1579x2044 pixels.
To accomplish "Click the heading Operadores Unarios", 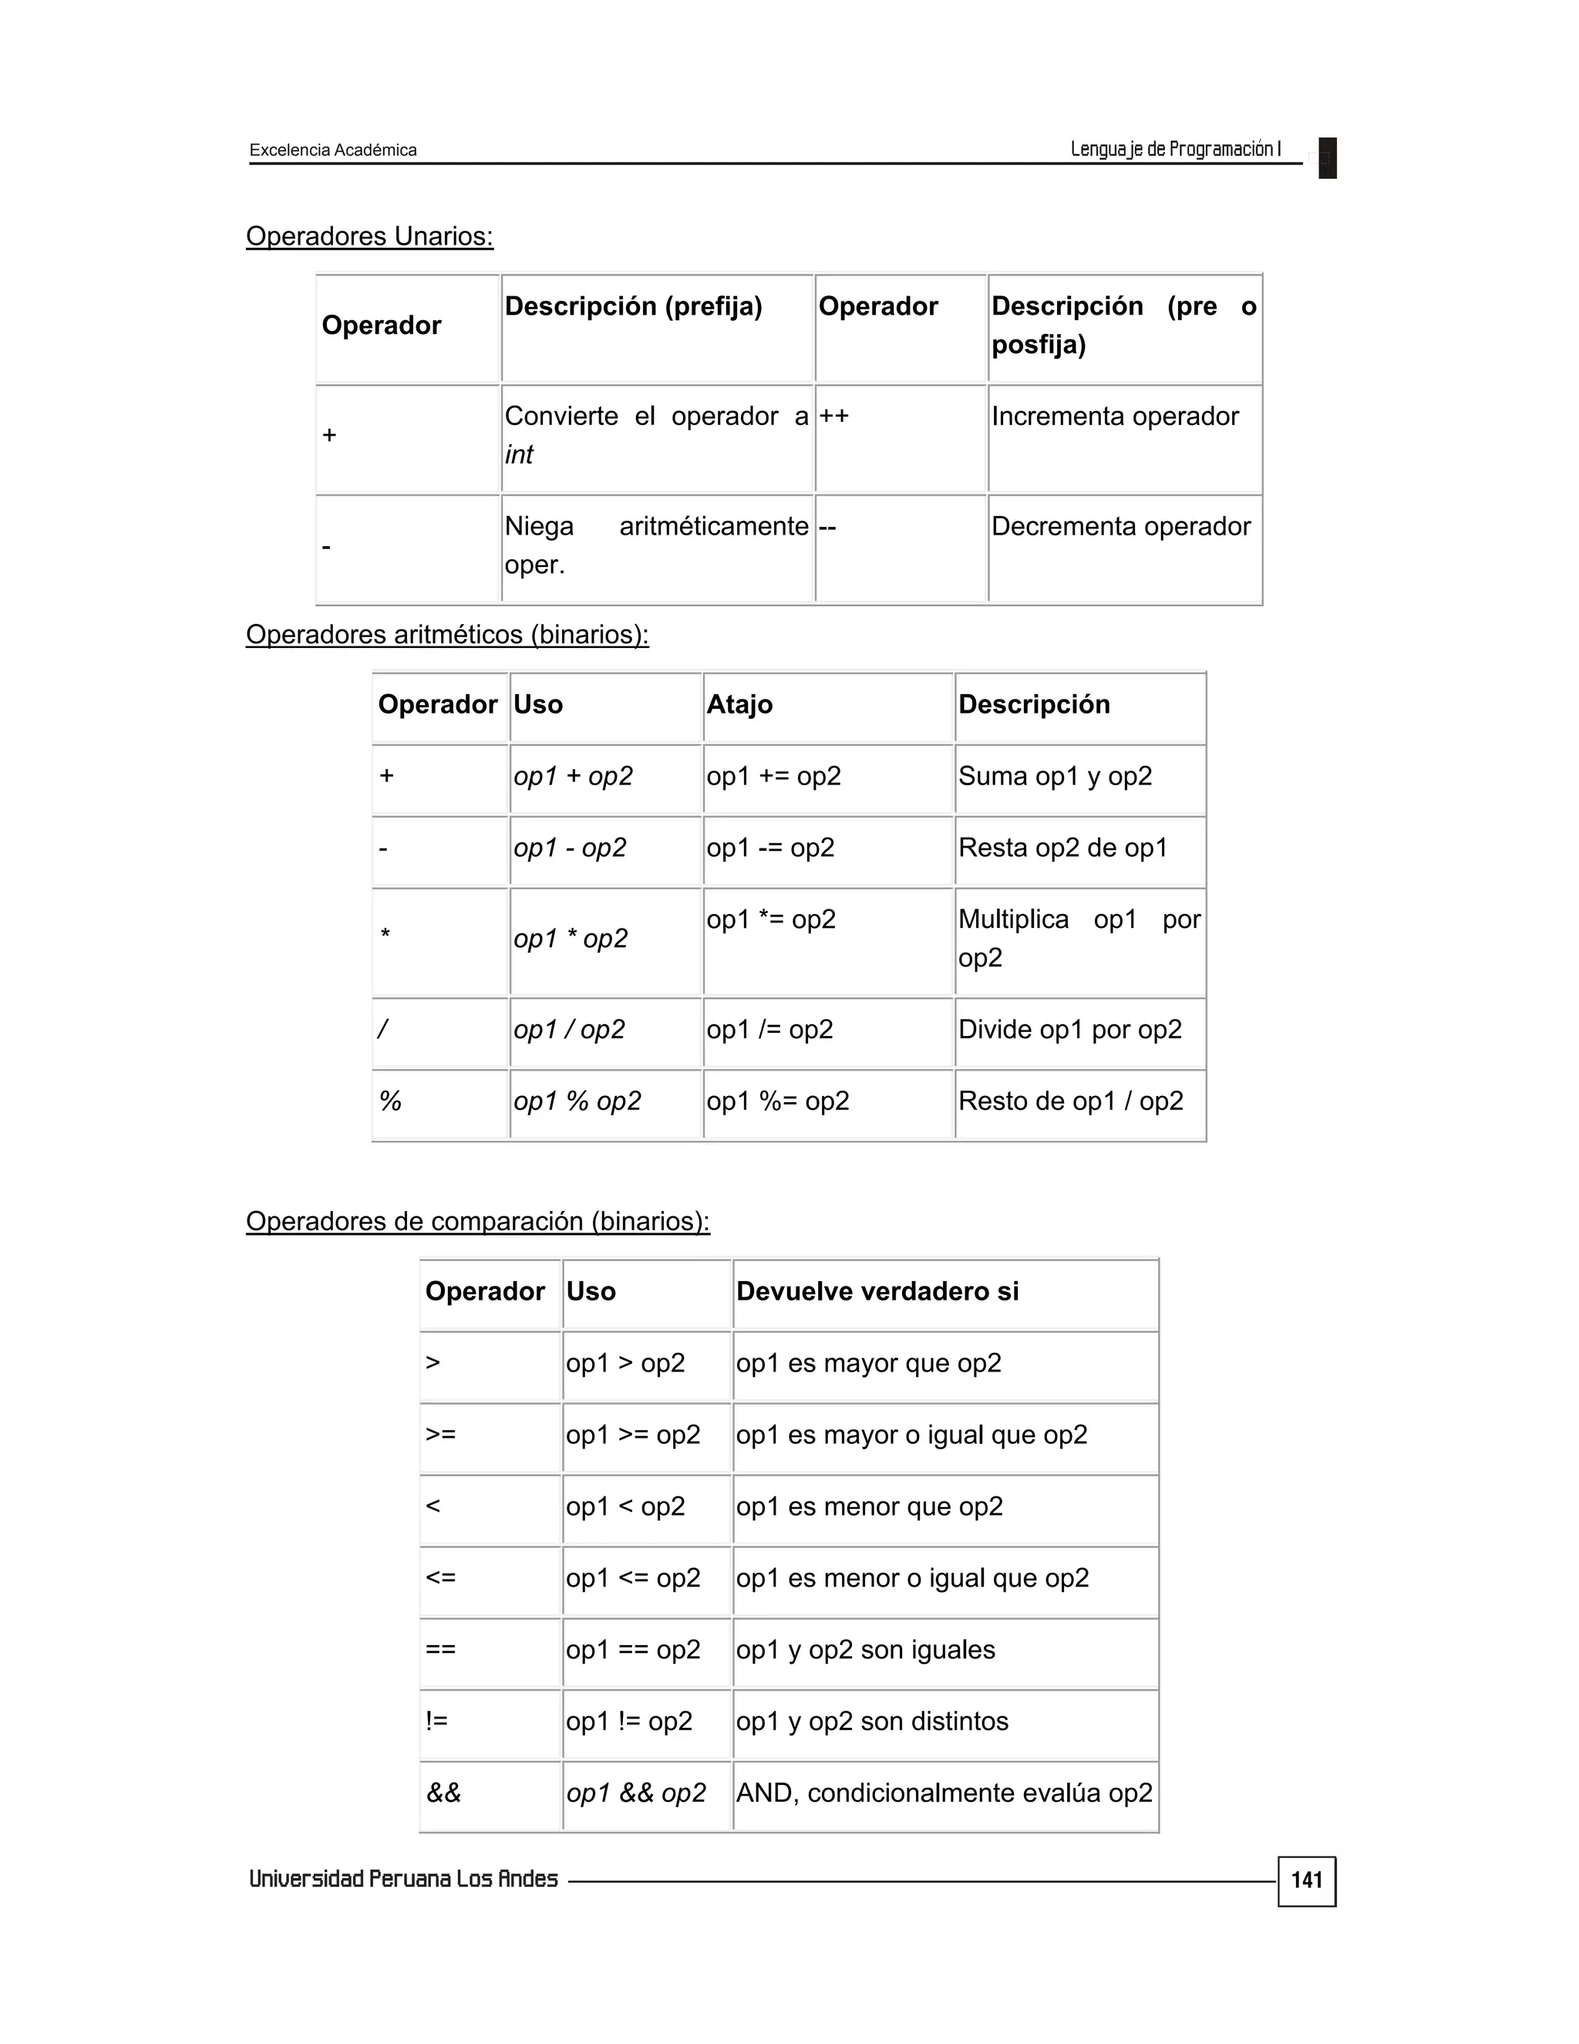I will pyautogui.click(x=369, y=236).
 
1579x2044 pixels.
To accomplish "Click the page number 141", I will pyautogui.click(x=1306, y=1880).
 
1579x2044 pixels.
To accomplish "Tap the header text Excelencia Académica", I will pyautogui.click(x=333, y=150).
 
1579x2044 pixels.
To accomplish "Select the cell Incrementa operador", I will pyautogui.click(x=1114, y=417).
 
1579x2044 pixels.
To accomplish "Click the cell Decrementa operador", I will pyautogui.click(x=1119, y=527).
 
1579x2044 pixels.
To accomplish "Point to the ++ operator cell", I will pyautogui.click(x=834, y=417).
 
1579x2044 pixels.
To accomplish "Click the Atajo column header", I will pyautogui.click(x=739, y=705).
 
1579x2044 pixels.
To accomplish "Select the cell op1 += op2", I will pyautogui.click(x=773, y=777).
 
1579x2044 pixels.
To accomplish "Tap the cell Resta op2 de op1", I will pyautogui.click(x=1062, y=848).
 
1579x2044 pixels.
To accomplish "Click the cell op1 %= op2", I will pyautogui.click(x=777, y=1101).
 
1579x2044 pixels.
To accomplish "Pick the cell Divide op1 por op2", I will pyautogui.click(x=1069, y=1030).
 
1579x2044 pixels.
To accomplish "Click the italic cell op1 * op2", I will pyautogui.click(x=571, y=939).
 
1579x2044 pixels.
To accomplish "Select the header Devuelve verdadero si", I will pyautogui.click(x=877, y=1291).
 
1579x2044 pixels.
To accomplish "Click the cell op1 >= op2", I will pyautogui.click(x=632, y=1435).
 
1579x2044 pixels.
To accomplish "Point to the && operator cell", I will pyautogui.click(x=443, y=1793).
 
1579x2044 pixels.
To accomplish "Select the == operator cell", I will pyautogui.click(x=440, y=1649).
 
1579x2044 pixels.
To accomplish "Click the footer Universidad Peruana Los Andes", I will pyautogui.click(x=403, y=1879).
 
